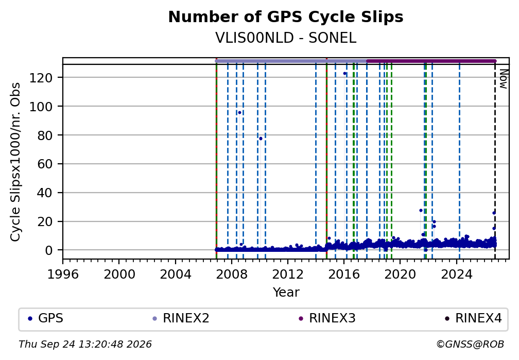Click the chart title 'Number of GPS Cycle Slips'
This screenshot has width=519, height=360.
(x=286, y=17)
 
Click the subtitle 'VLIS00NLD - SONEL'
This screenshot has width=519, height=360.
(x=286, y=38)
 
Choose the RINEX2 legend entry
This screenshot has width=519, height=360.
(x=181, y=318)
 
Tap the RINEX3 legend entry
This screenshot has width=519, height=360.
(x=327, y=318)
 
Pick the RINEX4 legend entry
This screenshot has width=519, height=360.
(x=473, y=318)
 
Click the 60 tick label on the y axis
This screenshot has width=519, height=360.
(x=45, y=164)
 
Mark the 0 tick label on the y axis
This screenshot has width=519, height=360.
(x=49, y=250)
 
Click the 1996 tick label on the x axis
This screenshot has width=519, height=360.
(x=63, y=274)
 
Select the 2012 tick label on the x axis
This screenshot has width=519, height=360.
(x=288, y=274)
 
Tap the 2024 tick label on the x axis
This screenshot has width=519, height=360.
(x=456, y=274)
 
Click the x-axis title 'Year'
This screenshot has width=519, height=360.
(x=286, y=292)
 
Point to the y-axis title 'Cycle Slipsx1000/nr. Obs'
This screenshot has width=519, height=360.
(x=15, y=162)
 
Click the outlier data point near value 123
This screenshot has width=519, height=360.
(x=344, y=74)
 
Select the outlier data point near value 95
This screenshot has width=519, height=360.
(x=239, y=113)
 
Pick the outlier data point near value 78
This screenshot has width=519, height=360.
(x=261, y=139)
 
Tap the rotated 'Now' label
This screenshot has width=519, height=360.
(x=504, y=79)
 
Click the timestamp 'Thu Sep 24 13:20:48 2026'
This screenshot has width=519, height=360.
(x=85, y=345)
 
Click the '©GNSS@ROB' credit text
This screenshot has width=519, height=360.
(x=470, y=345)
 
